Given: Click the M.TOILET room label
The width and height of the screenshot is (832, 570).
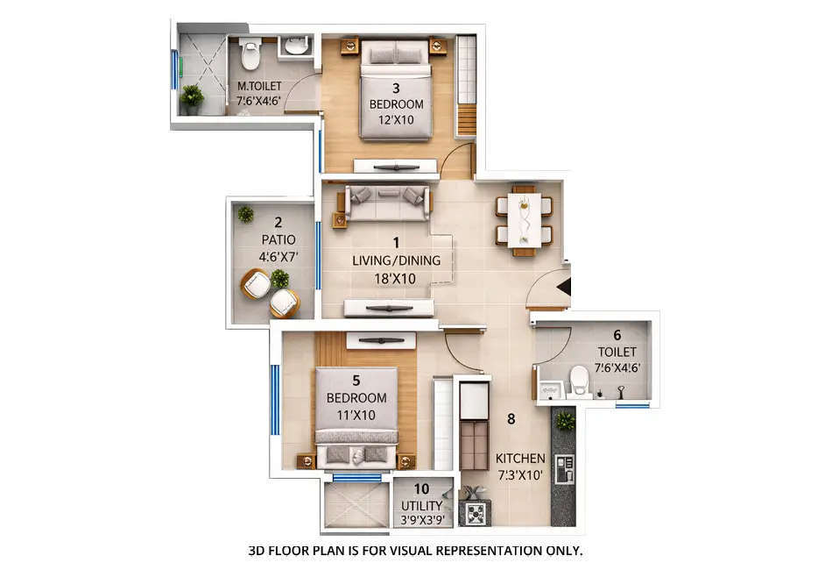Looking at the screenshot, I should [x=259, y=87].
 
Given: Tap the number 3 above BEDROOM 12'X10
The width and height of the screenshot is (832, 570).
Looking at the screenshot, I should [x=396, y=88].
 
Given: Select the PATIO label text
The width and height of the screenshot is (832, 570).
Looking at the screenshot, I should [x=279, y=239].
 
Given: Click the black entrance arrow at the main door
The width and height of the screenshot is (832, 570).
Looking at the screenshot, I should [x=564, y=287].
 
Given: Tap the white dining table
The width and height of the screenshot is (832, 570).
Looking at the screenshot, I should [x=524, y=219].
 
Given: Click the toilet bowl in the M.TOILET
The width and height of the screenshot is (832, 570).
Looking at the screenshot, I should [x=250, y=54].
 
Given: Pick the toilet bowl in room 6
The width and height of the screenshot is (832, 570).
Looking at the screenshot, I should [x=579, y=380].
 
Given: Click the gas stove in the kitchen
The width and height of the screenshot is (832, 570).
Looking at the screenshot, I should [x=476, y=513].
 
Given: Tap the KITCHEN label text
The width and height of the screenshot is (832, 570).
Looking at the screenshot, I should [x=520, y=459].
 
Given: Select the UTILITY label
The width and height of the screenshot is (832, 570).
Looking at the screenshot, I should [x=422, y=506].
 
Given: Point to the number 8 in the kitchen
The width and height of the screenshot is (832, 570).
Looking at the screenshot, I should [x=511, y=418].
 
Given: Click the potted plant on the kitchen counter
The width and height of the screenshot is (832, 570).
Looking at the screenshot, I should [x=565, y=420].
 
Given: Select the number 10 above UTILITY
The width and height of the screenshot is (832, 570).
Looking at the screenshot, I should [x=421, y=489].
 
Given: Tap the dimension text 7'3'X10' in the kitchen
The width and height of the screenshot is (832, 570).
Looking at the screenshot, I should [x=520, y=476].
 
